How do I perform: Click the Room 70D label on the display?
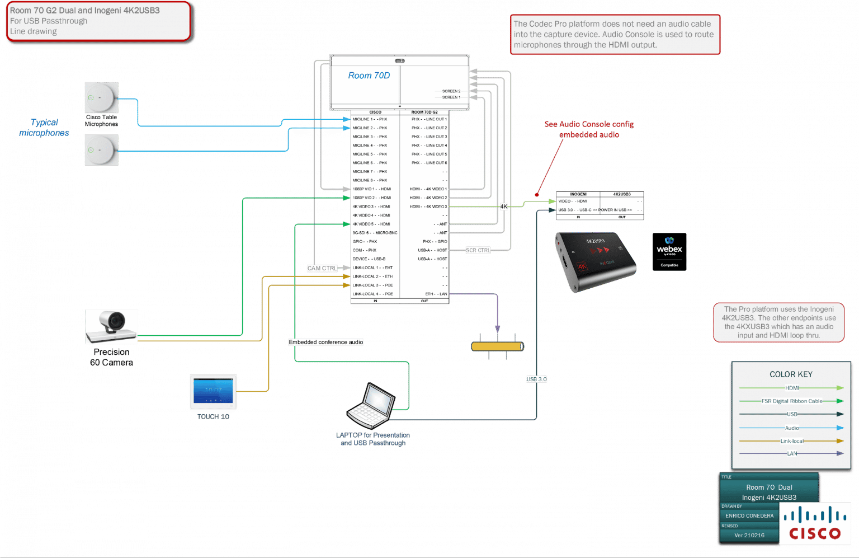coord(369,76)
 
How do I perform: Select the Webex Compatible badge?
coord(669,252)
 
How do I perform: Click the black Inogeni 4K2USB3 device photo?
coord(595,261)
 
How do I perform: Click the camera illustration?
coord(112,326)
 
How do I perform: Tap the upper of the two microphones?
coord(101,98)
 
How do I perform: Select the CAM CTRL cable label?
coord(322,268)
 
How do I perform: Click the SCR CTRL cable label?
coord(478,250)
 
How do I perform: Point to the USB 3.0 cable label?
coord(536,379)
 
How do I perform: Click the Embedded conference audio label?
coord(325,342)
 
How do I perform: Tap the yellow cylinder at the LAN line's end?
coord(497,346)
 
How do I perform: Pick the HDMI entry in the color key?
coord(791,388)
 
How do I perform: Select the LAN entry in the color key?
coord(791,453)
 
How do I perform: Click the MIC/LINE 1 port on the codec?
coord(370,119)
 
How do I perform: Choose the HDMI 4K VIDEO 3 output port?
coord(428,207)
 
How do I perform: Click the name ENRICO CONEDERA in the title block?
coord(749,515)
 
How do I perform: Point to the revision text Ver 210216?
coord(749,535)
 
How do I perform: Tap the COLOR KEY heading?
coord(791,374)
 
